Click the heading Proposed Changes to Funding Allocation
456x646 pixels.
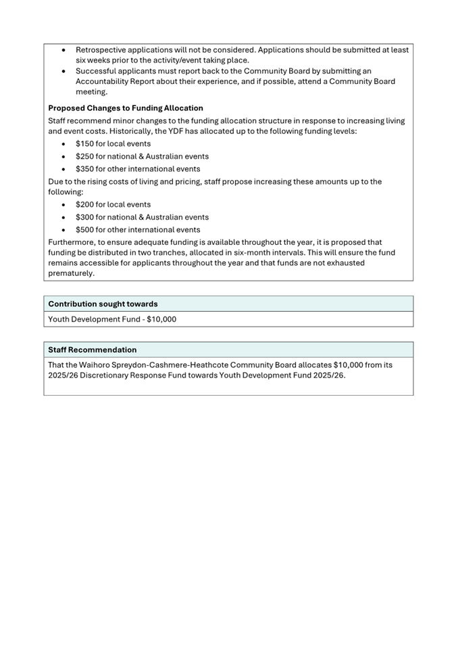click(125, 108)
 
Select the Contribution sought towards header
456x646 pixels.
click(103, 304)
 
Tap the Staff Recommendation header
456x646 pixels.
click(92, 350)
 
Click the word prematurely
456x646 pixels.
click(72, 274)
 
